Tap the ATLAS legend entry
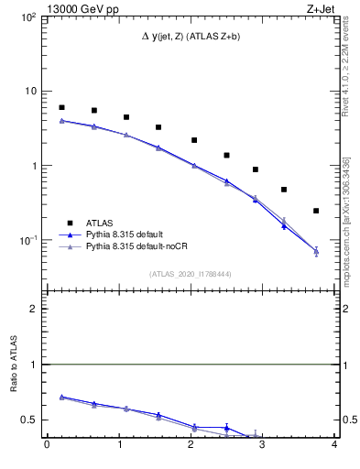[x=102, y=223]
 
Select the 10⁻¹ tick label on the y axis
[x=27, y=240]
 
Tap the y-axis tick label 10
[x=29, y=92]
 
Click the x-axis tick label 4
[x=335, y=446]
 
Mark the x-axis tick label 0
[x=47, y=446]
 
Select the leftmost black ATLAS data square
[x=61, y=107]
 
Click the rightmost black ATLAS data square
[x=316, y=211]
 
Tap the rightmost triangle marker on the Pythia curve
[x=316, y=250]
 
